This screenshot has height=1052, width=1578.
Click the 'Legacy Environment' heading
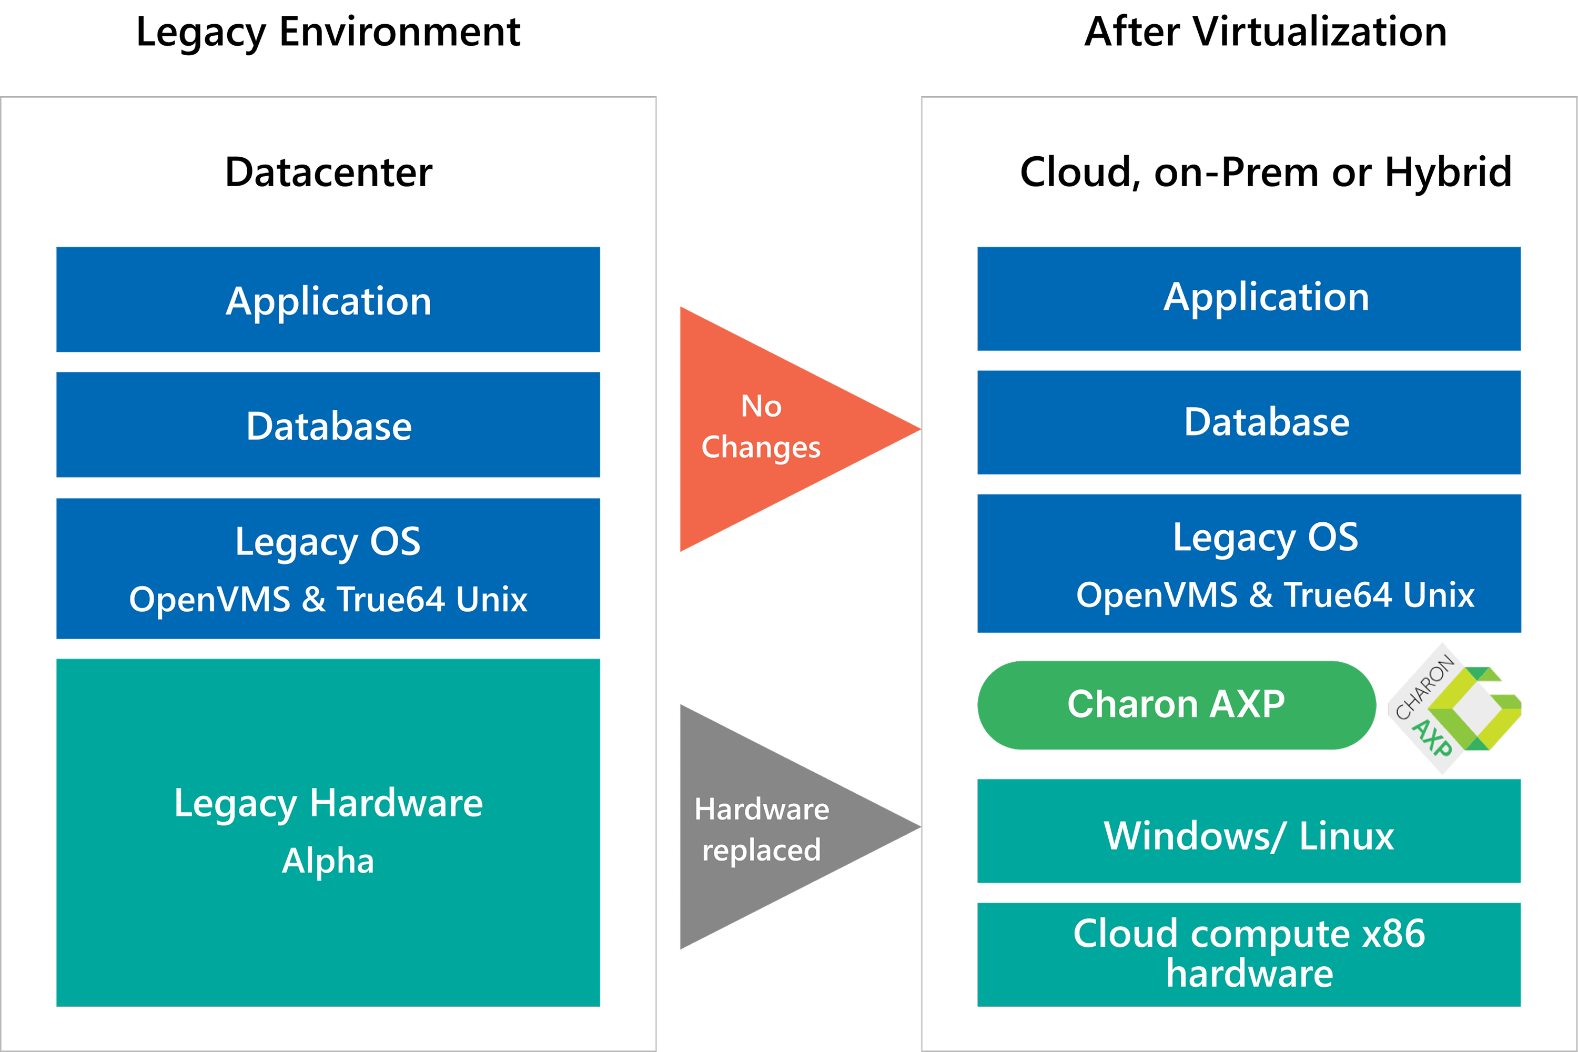click(328, 32)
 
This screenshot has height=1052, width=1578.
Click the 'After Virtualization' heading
click(1266, 32)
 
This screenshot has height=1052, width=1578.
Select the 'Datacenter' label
click(328, 173)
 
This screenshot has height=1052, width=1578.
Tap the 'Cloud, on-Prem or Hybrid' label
click(1266, 173)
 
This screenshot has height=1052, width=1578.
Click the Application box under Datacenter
click(328, 300)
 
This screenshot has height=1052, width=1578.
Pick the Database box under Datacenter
click(328, 426)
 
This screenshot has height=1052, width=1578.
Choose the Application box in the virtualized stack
click(1249, 299)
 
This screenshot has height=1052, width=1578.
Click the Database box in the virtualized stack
click(1249, 423)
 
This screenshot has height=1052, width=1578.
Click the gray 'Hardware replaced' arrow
click(772, 828)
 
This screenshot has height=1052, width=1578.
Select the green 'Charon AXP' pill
click(1176, 704)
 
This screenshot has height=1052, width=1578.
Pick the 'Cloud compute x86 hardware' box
click(1249, 954)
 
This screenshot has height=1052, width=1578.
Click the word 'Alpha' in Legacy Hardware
click(328, 861)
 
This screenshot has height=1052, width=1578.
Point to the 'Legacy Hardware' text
click(328, 803)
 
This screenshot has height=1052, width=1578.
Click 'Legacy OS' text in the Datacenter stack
click(328, 541)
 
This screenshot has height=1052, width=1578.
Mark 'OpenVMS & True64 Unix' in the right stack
click(1274, 595)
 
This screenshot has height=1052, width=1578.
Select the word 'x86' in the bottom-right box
click(1393, 934)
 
